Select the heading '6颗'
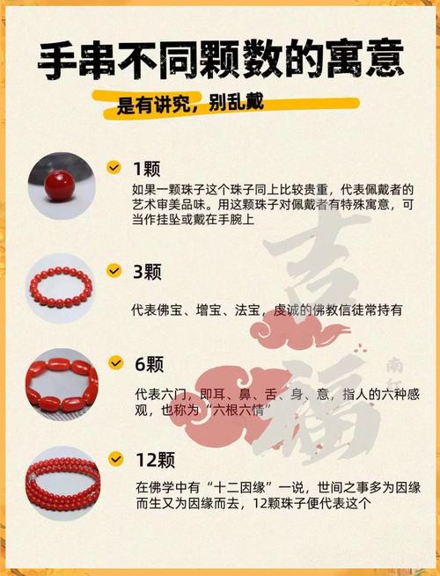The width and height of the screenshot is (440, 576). [x=148, y=364]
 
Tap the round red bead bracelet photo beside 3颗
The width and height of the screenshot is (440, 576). [x=61, y=288]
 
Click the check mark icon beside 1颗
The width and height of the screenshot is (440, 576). [x=114, y=167]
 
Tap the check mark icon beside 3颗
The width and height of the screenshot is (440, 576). [x=114, y=271]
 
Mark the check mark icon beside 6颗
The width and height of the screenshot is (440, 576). [x=114, y=363]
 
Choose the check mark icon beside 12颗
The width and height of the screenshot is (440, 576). [x=114, y=458]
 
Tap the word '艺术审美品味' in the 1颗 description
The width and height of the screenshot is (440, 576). [x=165, y=205]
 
